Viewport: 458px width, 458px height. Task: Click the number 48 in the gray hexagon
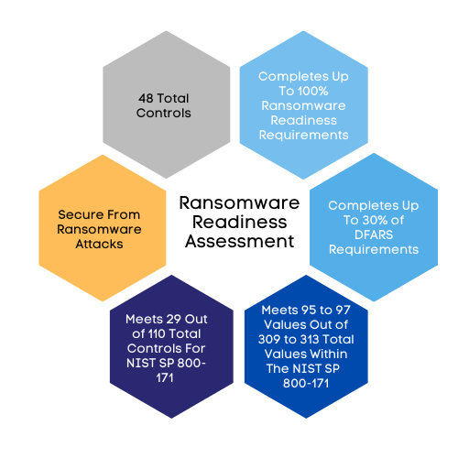pos(146,98)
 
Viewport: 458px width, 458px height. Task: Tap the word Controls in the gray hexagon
pos(164,113)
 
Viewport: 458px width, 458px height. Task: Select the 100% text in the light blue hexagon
pos(313,91)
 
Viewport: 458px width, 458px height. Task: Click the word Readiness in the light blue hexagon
pos(304,120)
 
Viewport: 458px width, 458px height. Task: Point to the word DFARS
pos(374,234)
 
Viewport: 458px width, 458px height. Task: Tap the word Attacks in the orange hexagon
pos(99,244)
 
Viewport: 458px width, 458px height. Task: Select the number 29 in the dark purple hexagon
pos(174,319)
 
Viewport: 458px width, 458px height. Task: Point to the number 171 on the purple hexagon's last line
pos(165,377)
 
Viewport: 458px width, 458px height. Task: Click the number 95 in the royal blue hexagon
pos(308,310)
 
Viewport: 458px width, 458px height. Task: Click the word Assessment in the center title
pos(240,241)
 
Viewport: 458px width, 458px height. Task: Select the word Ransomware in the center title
pos(239,203)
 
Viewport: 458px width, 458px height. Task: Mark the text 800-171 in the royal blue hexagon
pos(306,383)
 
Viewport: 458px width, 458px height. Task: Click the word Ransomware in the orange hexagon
pos(99,229)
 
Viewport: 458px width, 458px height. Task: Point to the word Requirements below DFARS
pos(374,249)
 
